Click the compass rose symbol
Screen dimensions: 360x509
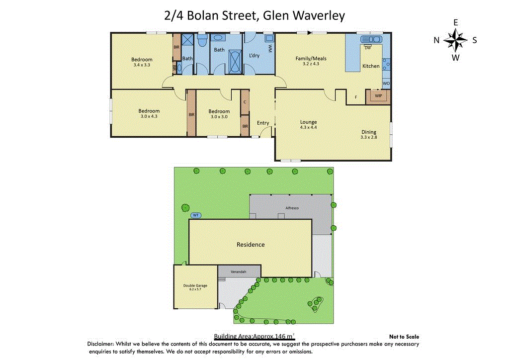click(455, 40)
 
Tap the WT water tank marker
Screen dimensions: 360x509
click(196, 215)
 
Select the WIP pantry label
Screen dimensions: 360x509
click(378, 95)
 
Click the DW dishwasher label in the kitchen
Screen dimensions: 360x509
click(368, 48)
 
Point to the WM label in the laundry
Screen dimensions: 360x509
click(270, 49)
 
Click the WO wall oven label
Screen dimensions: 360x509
click(386, 84)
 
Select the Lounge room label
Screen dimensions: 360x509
click(308, 122)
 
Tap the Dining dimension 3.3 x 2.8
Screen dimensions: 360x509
click(368, 137)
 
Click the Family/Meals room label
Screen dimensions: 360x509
click(311, 58)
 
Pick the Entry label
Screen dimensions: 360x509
click(263, 123)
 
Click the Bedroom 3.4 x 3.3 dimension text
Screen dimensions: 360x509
click(142, 65)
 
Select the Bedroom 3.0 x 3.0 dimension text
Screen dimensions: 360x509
click(219, 117)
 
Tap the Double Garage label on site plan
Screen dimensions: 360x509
click(195, 285)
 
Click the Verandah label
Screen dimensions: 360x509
click(239, 272)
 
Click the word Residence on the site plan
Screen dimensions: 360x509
click(250, 244)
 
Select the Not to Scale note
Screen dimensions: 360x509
click(404, 337)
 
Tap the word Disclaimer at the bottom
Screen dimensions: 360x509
click(101, 344)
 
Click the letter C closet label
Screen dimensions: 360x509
click(245, 102)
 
